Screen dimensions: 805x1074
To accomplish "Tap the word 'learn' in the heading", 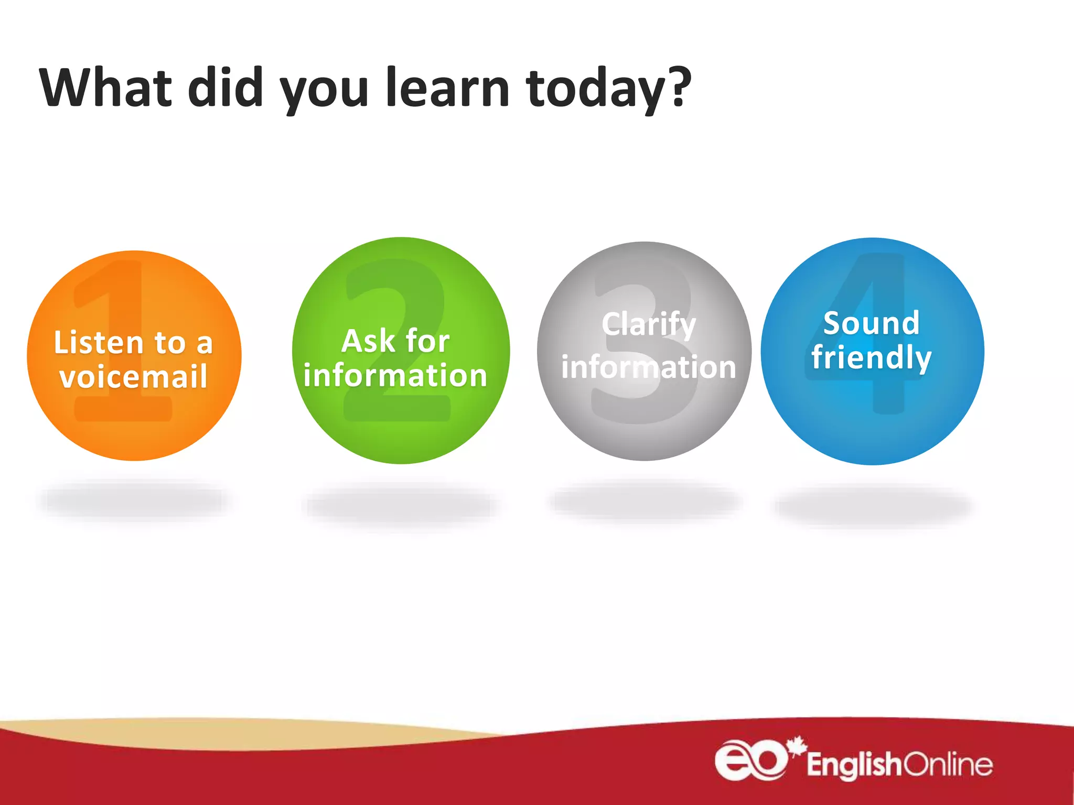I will (447, 88).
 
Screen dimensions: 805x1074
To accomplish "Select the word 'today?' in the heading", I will (608, 89).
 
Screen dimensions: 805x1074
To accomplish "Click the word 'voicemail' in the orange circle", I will (134, 377).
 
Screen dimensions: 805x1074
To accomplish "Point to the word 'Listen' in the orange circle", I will (98, 343).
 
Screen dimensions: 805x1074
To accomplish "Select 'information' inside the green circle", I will (395, 376).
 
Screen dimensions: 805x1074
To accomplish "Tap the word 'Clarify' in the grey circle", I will (649, 324).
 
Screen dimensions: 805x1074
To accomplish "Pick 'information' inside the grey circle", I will (649, 367).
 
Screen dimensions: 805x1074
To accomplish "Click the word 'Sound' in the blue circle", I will (871, 323).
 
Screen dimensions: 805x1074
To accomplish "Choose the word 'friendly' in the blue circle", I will (871, 358).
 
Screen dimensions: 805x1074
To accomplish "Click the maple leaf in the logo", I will (798, 746).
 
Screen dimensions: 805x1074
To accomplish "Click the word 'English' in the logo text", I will (854, 765).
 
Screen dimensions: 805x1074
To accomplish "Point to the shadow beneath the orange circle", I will (134, 501).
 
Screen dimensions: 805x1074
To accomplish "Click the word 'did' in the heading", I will (225, 88).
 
